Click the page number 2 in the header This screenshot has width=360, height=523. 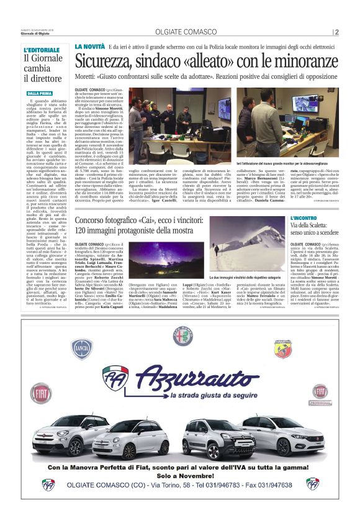336,32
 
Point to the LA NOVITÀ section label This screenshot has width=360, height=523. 89,47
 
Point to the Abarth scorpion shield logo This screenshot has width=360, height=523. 283,348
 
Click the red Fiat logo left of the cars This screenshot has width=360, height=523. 42,394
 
